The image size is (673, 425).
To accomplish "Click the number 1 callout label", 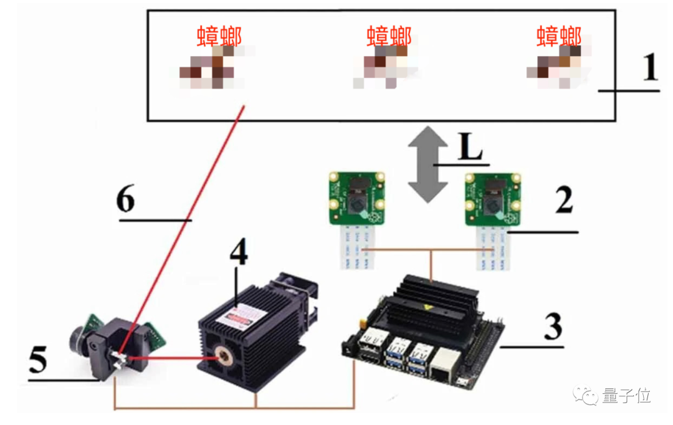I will [x=649, y=68].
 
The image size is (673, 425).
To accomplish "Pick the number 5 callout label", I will [x=38, y=360].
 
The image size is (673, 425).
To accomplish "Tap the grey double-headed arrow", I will [x=427, y=163].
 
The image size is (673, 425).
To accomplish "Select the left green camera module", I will [x=357, y=199].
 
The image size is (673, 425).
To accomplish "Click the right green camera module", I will [x=492, y=199].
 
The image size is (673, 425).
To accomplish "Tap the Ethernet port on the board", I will [x=444, y=365].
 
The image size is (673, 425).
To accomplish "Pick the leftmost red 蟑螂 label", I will [x=219, y=37].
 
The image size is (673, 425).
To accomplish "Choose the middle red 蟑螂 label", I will [x=389, y=37].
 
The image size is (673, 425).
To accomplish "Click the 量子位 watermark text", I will [x=626, y=394].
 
